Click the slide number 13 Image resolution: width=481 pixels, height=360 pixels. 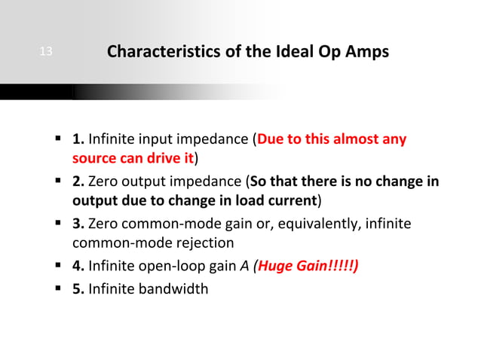click(46, 52)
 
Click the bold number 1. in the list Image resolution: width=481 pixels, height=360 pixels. click(78, 139)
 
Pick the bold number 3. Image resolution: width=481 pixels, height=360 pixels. click(78, 224)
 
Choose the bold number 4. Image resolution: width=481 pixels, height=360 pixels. click(78, 266)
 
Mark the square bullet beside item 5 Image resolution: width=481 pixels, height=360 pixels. click(58, 287)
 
